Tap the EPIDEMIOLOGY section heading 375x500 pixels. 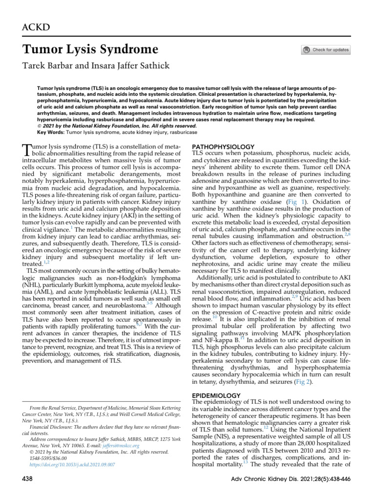(217, 395)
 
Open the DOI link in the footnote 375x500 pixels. (72, 464)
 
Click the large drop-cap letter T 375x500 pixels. (27, 150)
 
